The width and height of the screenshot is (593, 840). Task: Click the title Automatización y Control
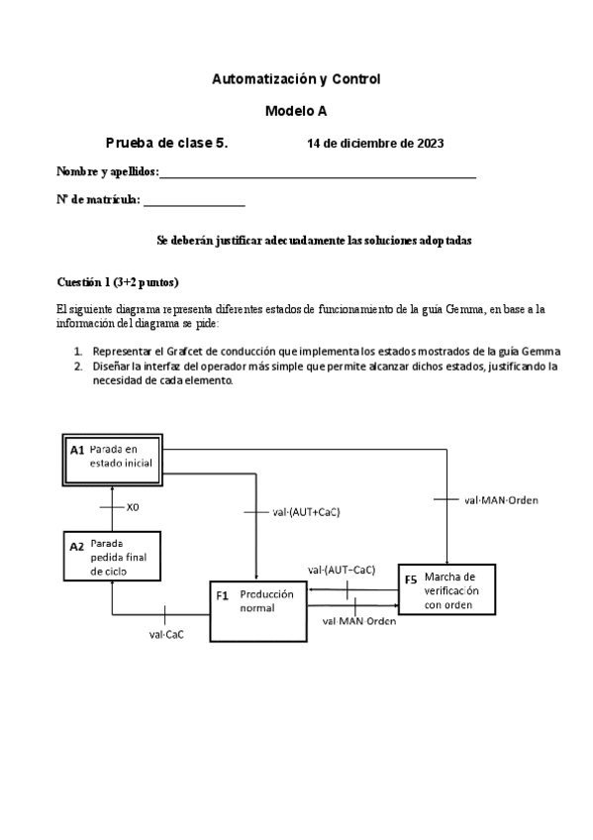[296, 78]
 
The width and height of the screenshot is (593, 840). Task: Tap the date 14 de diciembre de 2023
[375, 144]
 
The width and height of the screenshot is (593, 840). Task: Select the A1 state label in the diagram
[77, 450]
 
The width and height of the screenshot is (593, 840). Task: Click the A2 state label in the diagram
[77, 546]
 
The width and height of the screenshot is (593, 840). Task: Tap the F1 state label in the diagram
[223, 595]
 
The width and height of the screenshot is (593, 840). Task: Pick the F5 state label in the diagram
[410, 580]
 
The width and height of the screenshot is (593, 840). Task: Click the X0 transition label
[134, 507]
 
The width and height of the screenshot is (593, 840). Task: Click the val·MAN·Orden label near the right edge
[501, 500]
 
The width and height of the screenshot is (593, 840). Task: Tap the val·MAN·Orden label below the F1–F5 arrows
[359, 621]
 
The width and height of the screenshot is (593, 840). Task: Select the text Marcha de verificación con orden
[451, 590]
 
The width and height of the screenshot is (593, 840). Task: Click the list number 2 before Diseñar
[78, 366]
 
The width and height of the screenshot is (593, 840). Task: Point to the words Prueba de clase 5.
[166, 144]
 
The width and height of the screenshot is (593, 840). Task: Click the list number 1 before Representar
[78, 352]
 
